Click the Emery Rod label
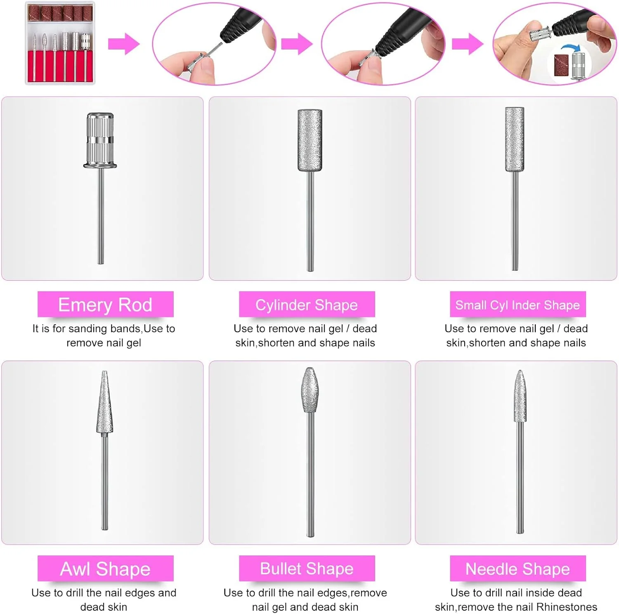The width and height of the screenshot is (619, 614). coord(105,305)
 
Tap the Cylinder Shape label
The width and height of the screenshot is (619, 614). coord(307,305)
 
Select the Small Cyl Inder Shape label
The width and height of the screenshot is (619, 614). coord(517,305)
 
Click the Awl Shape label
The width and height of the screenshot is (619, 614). coord(105,569)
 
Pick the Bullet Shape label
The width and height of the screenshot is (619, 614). coord(307,569)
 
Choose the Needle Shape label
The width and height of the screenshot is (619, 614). coord(517,569)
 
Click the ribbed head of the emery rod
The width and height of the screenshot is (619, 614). coord(100,140)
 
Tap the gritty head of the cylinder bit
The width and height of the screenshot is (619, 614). coord(310,140)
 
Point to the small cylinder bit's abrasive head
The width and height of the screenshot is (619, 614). coord(515,139)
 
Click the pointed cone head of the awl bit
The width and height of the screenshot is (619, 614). coord(104,402)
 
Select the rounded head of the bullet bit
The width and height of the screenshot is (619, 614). coord(309,390)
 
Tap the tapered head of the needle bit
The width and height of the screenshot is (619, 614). coord(520,396)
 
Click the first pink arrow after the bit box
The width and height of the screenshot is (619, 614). coord(124,44)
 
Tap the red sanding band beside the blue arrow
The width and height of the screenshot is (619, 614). coord(561,65)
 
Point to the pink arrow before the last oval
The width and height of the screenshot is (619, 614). coord(468,44)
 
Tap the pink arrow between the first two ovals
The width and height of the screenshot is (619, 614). coord(297,44)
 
